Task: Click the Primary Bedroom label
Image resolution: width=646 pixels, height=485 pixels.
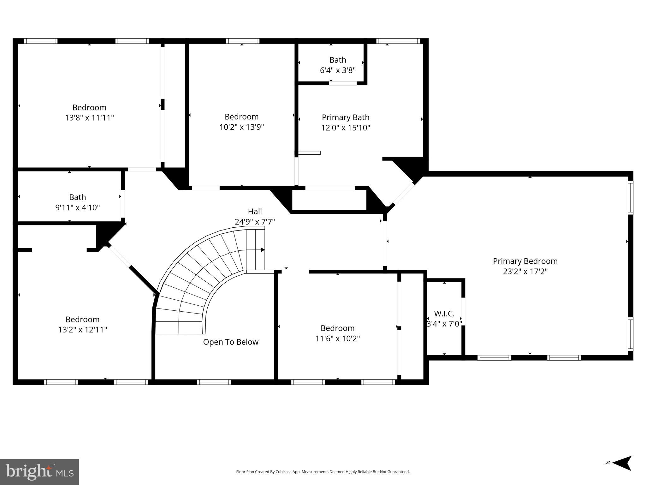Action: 525,261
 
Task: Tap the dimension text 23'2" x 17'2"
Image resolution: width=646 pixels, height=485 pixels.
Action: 525,272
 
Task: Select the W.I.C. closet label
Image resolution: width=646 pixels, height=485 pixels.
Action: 444,314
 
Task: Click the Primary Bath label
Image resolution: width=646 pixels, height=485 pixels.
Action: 345,117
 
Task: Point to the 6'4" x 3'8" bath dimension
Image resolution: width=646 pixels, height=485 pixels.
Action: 338,70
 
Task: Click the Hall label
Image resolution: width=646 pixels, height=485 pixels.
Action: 255,211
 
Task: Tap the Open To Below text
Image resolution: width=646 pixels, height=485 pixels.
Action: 231,342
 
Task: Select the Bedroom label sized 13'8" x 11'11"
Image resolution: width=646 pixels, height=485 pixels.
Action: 89,107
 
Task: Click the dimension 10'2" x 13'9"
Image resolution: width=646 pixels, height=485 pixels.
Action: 241,127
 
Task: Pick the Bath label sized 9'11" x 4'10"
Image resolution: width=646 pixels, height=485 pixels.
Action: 77,197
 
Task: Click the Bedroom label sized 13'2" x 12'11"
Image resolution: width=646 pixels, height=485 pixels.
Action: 82,319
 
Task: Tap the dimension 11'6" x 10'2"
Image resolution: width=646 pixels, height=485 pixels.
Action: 337,338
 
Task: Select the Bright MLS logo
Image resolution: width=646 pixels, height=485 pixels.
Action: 39,472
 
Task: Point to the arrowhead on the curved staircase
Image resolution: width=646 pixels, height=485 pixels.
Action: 263,250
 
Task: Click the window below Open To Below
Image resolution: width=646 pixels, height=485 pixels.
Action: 214,382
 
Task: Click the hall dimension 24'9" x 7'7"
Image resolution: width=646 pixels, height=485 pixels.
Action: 255,222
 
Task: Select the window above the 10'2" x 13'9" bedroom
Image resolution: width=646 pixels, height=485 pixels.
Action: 242,41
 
